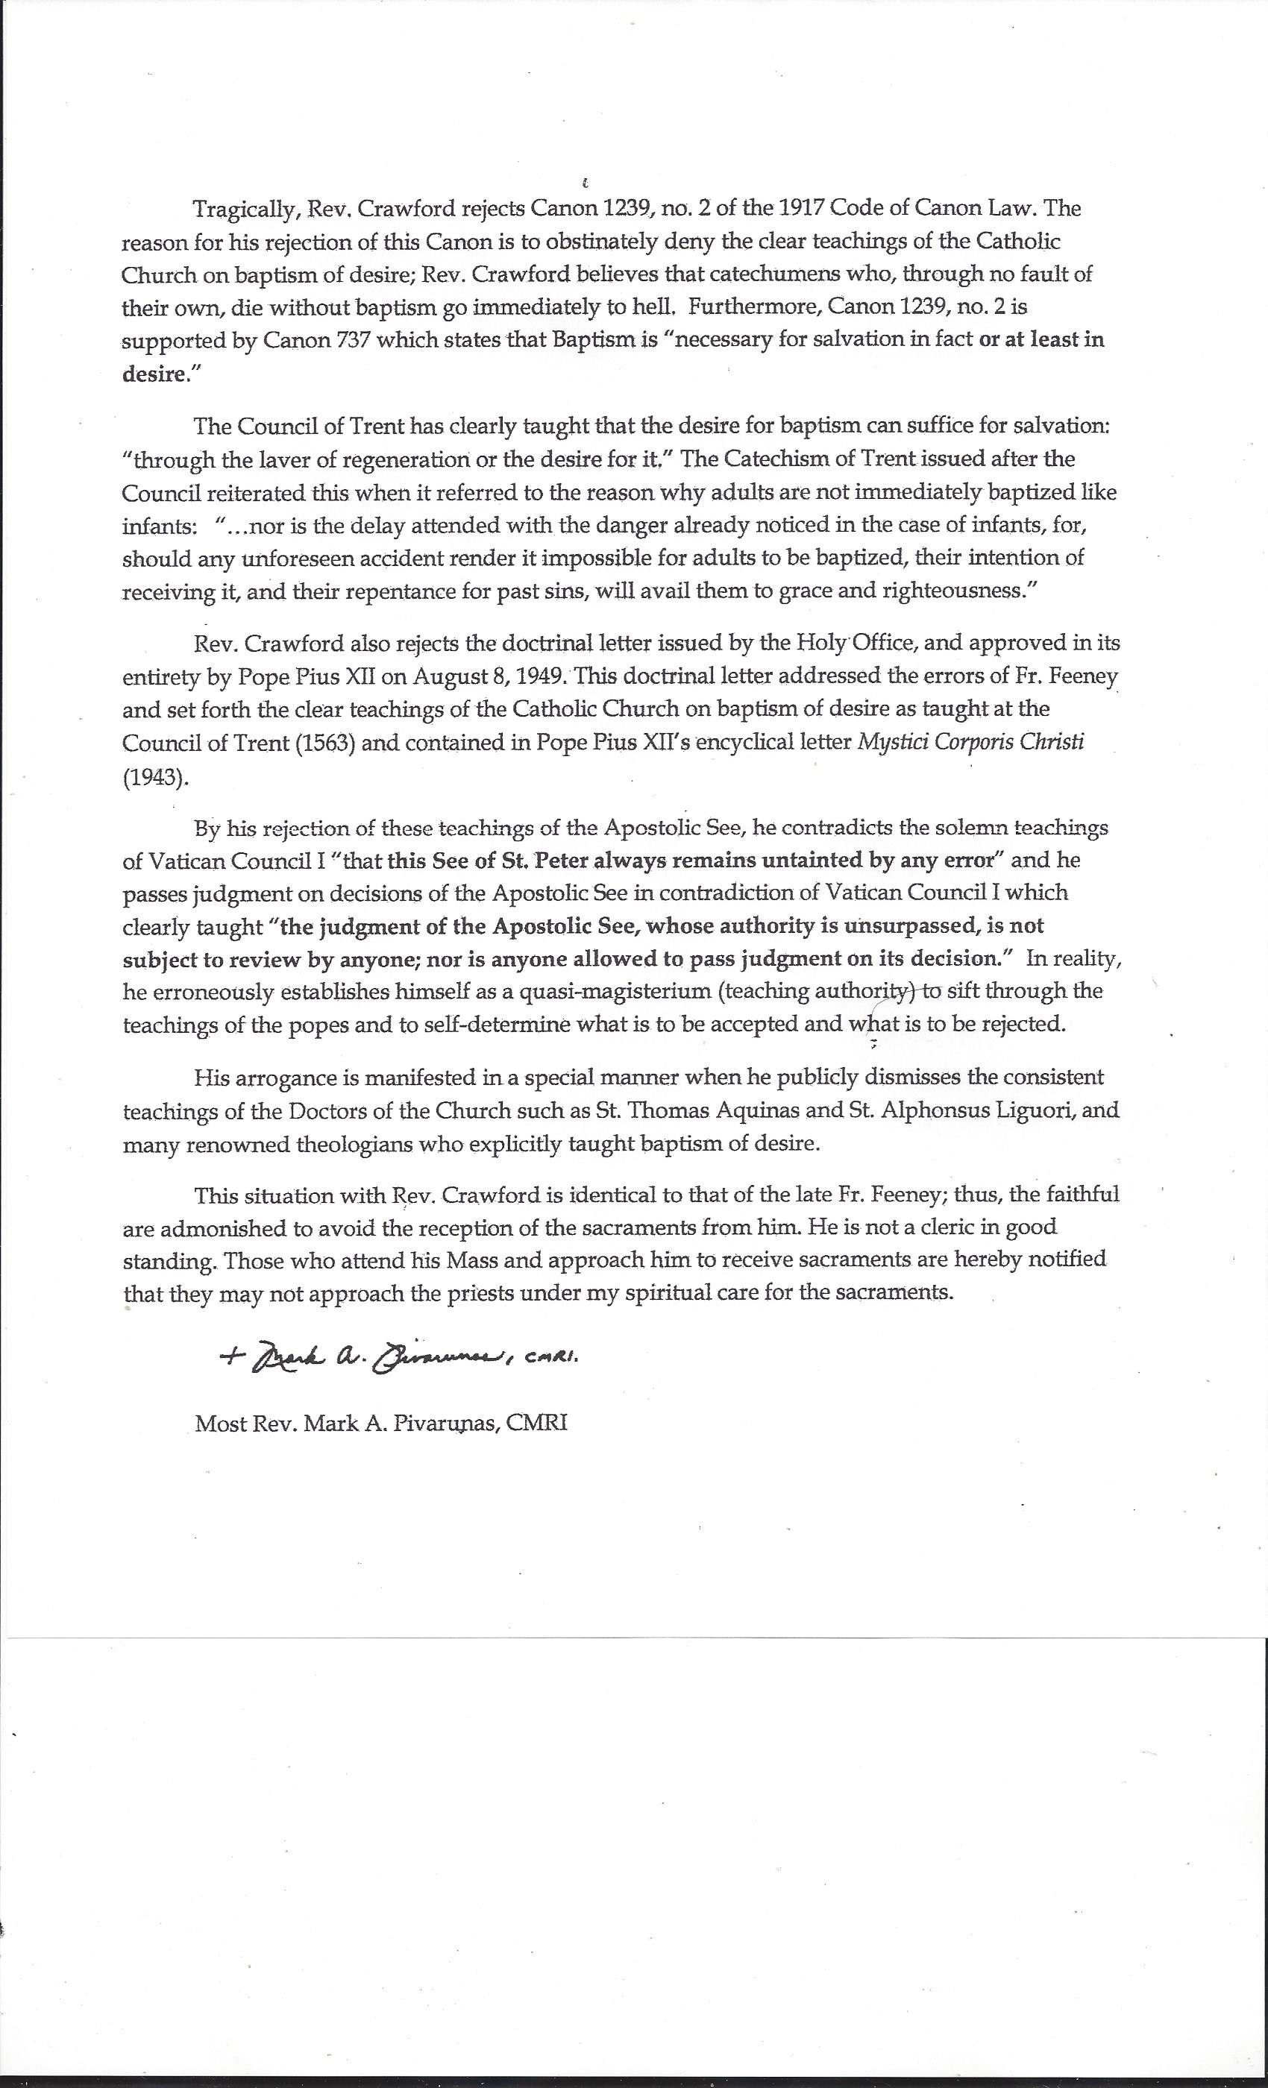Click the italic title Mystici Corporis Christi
971,742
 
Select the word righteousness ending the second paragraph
959,591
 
